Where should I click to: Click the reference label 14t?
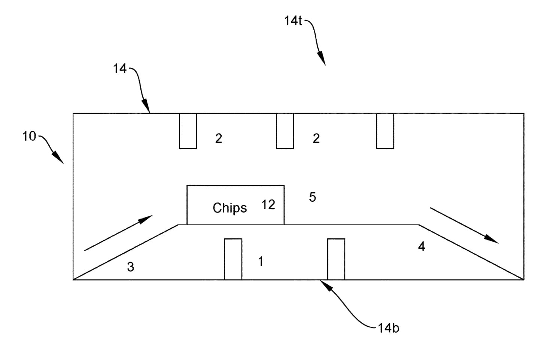(x=293, y=21)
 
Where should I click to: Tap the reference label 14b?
(x=389, y=328)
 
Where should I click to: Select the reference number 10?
(x=29, y=136)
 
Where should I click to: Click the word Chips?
(x=230, y=208)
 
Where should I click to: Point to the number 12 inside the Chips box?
(x=268, y=205)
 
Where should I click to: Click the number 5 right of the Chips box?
(x=313, y=197)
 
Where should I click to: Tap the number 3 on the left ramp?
(x=131, y=267)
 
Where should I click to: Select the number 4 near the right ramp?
(x=422, y=247)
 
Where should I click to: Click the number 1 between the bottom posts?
(x=261, y=262)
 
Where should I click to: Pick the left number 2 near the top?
(x=219, y=138)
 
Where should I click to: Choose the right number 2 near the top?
(x=316, y=138)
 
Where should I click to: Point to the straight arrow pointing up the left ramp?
(x=118, y=233)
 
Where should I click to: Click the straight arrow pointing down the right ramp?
(x=464, y=226)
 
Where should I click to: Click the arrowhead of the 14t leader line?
(x=322, y=59)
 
